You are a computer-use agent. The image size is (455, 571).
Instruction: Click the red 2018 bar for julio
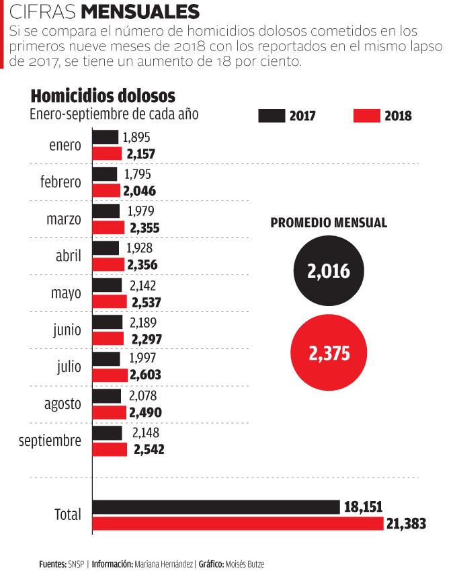tap(110, 375)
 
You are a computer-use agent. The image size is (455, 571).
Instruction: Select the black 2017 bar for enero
tap(105, 137)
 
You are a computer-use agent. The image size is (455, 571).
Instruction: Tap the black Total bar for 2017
tap(216, 507)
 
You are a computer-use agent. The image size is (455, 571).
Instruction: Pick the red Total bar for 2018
tap(237, 524)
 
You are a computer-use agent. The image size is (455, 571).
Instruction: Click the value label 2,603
tap(147, 375)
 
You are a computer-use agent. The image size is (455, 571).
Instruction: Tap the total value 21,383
tap(407, 524)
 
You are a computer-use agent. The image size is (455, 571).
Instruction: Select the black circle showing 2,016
tap(329, 272)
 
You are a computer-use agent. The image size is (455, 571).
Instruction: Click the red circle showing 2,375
tap(329, 353)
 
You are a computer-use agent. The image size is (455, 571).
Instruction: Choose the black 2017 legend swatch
tap(271, 116)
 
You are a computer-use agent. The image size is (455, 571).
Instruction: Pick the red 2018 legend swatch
tap(366, 116)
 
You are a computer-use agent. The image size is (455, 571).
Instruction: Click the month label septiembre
tap(50, 441)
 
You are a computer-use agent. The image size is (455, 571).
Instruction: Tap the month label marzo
tap(65, 219)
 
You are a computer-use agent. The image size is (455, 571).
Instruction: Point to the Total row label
tap(68, 515)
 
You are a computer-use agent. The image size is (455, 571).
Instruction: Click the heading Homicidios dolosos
tap(103, 95)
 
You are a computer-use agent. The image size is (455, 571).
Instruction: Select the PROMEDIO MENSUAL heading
tap(329, 223)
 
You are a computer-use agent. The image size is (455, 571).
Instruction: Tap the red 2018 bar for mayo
tap(110, 301)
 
